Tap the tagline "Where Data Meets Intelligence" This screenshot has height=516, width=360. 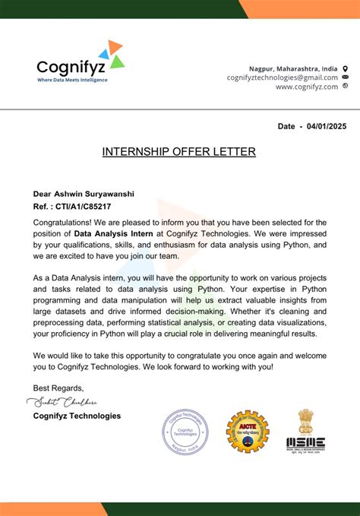coord(72,80)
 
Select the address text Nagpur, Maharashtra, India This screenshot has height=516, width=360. coord(293,68)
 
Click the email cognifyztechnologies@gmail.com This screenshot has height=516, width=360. coord(282,78)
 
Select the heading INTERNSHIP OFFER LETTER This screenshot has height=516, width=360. coord(179,152)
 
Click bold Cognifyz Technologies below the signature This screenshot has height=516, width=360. coord(77,416)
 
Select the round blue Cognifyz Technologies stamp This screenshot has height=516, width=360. coord(185,431)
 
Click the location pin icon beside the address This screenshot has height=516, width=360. coord(346,68)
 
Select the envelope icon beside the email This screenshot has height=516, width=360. coord(346,78)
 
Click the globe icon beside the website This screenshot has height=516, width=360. coord(346,87)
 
